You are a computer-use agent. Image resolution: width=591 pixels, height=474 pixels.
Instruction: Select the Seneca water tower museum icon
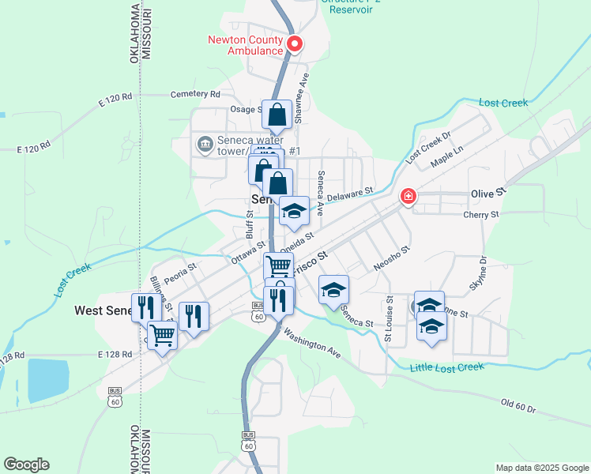(205, 144)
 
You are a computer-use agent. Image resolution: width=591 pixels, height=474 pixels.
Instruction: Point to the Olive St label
(487, 194)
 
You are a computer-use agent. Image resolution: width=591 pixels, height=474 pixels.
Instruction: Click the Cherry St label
(483, 214)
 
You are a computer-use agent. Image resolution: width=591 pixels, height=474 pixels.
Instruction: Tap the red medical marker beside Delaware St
(408, 196)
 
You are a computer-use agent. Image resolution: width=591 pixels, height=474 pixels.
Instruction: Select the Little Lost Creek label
(446, 367)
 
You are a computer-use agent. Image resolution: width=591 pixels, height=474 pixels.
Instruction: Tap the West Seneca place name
(103, 310)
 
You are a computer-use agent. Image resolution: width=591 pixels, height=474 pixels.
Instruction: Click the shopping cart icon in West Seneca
(163, 335)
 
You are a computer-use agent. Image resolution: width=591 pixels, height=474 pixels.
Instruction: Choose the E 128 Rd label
(115, 355)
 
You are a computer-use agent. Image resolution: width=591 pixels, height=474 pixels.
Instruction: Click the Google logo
(26, 465)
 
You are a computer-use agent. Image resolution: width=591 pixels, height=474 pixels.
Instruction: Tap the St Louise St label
(389, 320)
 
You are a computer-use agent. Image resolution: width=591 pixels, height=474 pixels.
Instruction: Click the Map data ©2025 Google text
(541, 468)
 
